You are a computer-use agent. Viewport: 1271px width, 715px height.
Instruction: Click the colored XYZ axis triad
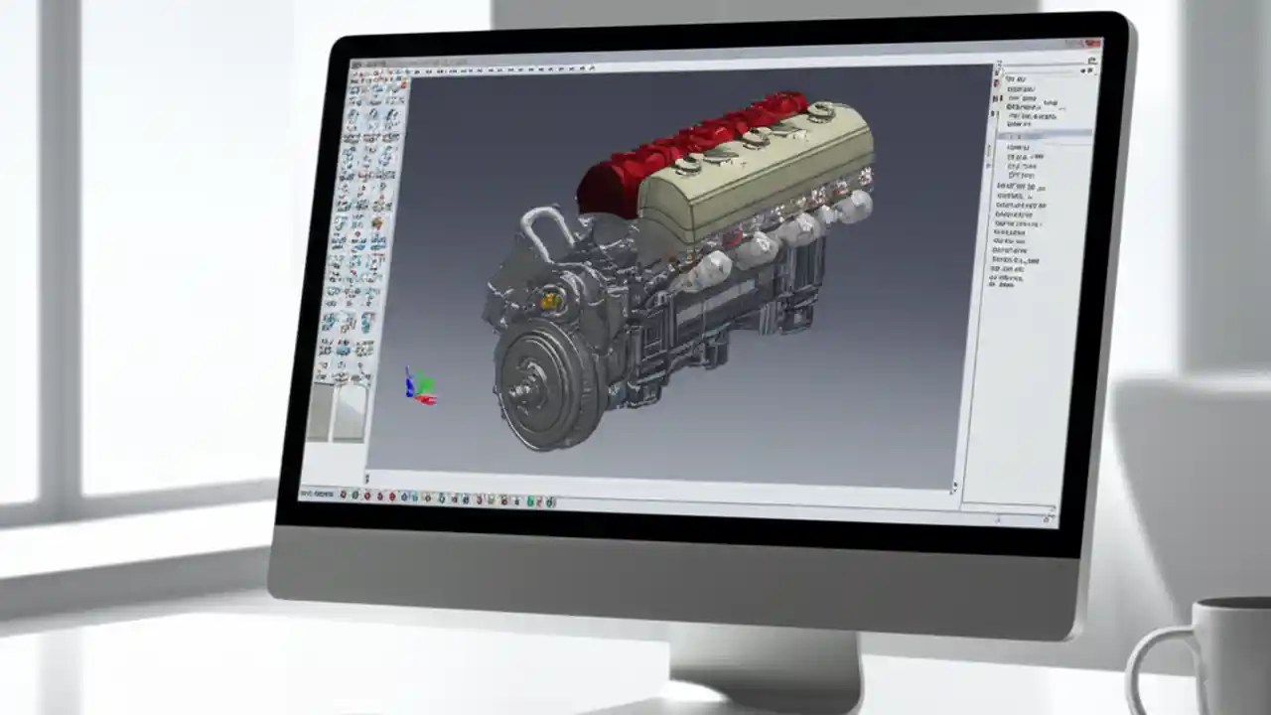[x=419, y=386]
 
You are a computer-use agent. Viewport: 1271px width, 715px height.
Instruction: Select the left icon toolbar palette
[x=361, y=218]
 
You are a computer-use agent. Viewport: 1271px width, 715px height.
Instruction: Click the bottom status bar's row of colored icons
[x=447, y=500]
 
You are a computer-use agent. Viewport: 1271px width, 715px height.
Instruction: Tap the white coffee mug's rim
[x=1231, y=604]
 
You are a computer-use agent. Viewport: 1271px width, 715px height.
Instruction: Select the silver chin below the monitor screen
[x=675, y=576]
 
